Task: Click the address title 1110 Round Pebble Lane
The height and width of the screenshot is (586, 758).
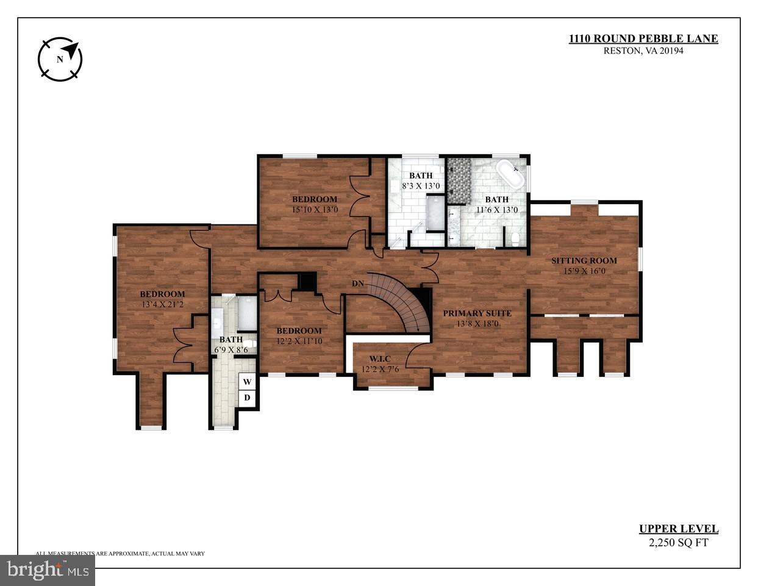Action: tap(643, 39)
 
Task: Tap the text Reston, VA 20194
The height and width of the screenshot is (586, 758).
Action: tap(643, 51)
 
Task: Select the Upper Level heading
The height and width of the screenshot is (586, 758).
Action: tap(678, 529)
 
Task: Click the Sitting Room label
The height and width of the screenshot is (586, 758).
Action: tap(584, 261)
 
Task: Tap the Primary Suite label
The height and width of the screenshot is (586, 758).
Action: tap(477, 313)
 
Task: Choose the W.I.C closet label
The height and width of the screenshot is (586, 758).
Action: tap(379, 359)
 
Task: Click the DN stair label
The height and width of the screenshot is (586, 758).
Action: tap(359, 284)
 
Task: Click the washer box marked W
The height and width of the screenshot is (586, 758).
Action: tap(247, 382)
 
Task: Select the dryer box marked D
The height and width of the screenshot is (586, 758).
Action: tap(247, 398)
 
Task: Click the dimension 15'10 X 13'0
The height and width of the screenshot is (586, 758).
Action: tap(314, 210)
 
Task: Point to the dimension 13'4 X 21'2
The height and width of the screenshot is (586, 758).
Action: tap(162, 304)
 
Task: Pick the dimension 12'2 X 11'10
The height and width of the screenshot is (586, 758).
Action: tap(299, 341)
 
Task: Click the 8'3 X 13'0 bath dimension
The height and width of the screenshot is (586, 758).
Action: tap(421, 186)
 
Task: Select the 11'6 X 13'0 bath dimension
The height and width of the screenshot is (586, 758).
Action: tap(497, 210)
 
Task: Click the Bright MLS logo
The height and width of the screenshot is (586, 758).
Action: tap(47, 571)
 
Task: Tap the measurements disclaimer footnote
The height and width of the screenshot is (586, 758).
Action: tap(120, 554)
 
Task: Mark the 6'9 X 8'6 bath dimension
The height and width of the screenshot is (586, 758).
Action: tap(231, 351)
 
